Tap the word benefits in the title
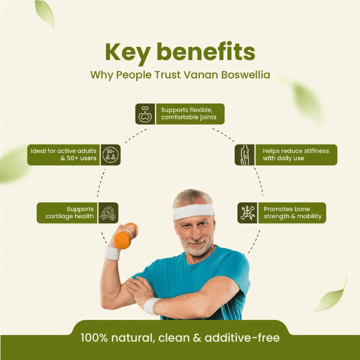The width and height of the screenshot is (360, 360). pos(206,51)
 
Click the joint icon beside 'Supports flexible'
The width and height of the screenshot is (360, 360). pos(145,114)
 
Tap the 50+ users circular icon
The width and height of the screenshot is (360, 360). pos(110,155)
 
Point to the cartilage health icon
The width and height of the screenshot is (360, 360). pos(109,213)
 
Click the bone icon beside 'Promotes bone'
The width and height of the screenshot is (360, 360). pos(247,213)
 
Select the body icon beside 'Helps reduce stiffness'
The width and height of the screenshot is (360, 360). pos(245,155)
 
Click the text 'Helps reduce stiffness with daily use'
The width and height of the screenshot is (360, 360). pos(296,155)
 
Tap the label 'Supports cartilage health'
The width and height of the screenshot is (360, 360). pos(70,212)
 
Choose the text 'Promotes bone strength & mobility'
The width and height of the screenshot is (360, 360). pos(293,212)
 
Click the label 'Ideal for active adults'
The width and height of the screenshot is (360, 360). pos(64,151)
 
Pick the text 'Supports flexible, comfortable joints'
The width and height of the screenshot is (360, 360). pos(189,113)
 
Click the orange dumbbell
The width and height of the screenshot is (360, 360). pos(125,236)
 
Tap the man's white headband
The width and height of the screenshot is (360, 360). pos(194,211)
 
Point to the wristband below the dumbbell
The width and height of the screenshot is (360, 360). pos(113,253)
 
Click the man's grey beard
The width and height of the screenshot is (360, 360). pos(196,246)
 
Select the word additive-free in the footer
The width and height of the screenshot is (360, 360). pos(242,338)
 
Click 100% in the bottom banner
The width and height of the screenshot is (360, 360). pos(94,338)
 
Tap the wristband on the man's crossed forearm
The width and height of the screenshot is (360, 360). pos(151,306)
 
